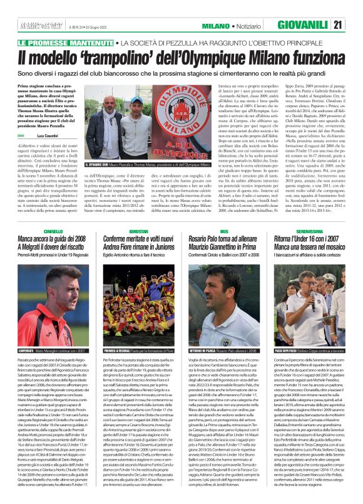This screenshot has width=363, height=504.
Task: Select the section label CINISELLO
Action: click(x=36, y=213)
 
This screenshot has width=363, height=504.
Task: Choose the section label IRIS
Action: click(x=207, y=213)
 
